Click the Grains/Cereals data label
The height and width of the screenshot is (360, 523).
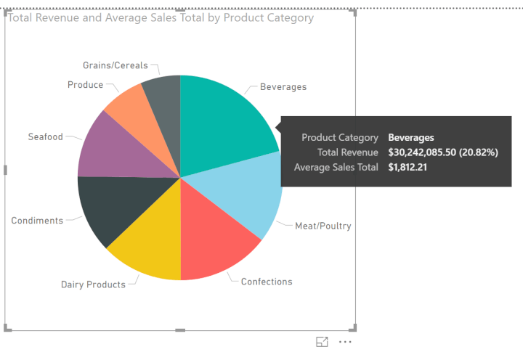pyautogui.click(x=115, y=65)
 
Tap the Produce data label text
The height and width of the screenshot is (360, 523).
pyautogui.click(x=85, y=85)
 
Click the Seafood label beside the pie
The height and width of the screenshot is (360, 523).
pyautogui.click(x=45, y=136)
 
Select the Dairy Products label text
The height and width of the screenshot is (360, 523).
pyautogui.click(x=93, y=285)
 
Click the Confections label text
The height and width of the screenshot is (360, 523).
pyautogui.click(x=267, y=282)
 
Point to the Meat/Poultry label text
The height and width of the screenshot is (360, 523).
pyautogui.click(x=323, y=226)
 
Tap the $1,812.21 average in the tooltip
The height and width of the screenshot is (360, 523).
pyautogui.click(x=408, y=168)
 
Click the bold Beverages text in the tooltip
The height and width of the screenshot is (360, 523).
pyautogui.click(x=411, y=137)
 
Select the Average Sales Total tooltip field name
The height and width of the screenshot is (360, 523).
pyautogui.click(x=336, y=168)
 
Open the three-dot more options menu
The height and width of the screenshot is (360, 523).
pyautogui.click(x=345, y=342)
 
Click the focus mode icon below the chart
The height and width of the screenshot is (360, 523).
pyautogui.click(x=322, y=342)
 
